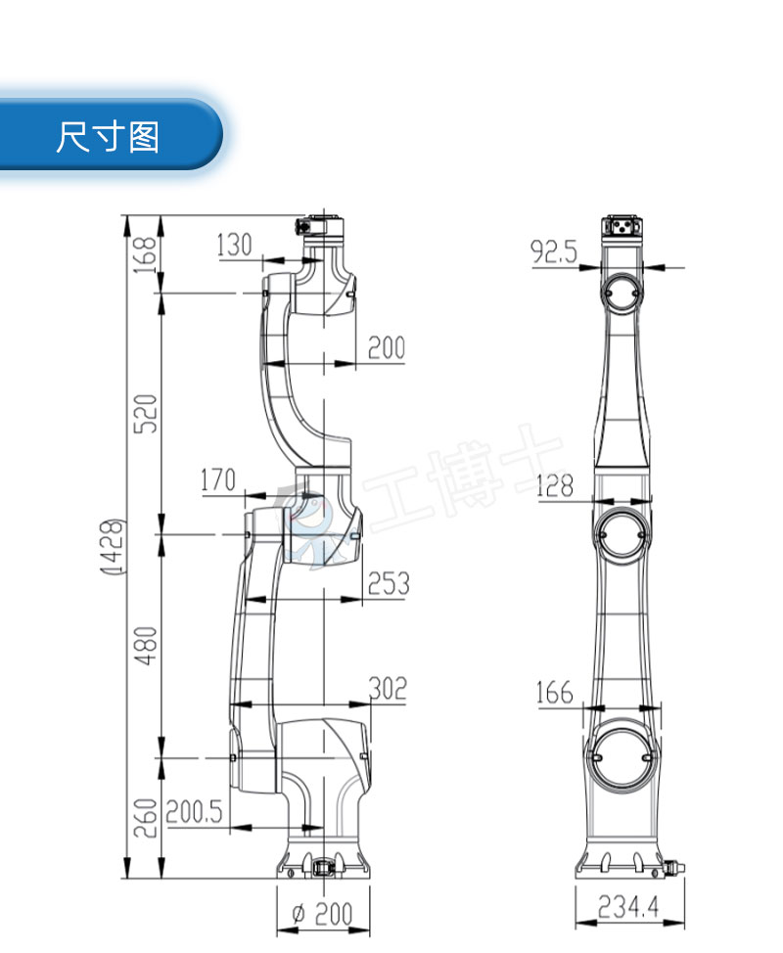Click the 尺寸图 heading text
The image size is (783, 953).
click(108, 136)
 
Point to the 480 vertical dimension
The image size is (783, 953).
click(146, 646)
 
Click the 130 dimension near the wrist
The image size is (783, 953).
click(234, 245)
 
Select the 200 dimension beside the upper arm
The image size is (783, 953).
click(386, 346)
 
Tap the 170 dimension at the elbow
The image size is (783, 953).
click(217, 479)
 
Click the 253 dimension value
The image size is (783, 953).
click(388, 584)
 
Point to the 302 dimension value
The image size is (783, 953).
click(388, 688)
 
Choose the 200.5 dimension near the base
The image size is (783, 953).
click(194, 811)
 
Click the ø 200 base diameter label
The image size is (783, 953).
click(323, 915)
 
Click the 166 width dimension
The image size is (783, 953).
click(554, 693)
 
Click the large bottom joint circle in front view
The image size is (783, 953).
click(622, 755)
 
